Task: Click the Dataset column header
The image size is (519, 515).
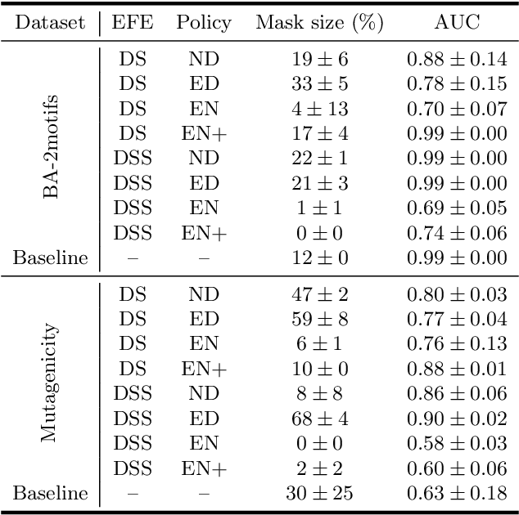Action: point(50,22)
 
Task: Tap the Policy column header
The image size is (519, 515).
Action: point(204,22)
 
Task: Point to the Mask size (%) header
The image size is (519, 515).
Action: point(320,22)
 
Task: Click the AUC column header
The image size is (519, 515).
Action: point(457,22)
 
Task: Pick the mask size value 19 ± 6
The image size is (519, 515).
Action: point(320,60)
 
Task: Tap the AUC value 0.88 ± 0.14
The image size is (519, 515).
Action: point(457,60)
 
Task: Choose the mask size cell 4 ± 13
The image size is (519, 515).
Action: point(320,109)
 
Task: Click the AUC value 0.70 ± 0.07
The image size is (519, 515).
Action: point(457,109)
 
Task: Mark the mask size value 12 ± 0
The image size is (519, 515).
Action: point(320,259)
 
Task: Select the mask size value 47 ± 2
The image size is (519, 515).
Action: point(320,294)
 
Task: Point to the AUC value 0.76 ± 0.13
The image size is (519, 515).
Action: point(457,345)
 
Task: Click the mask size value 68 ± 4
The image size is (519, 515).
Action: point(320,419)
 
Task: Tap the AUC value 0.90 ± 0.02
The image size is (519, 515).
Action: point(457,419)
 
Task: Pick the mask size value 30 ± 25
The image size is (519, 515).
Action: point(320,494)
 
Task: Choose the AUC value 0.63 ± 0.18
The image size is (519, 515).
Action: point(457,494)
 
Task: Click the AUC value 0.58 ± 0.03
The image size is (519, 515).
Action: point(457,444)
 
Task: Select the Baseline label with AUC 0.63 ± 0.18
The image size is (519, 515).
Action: point(50,494)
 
